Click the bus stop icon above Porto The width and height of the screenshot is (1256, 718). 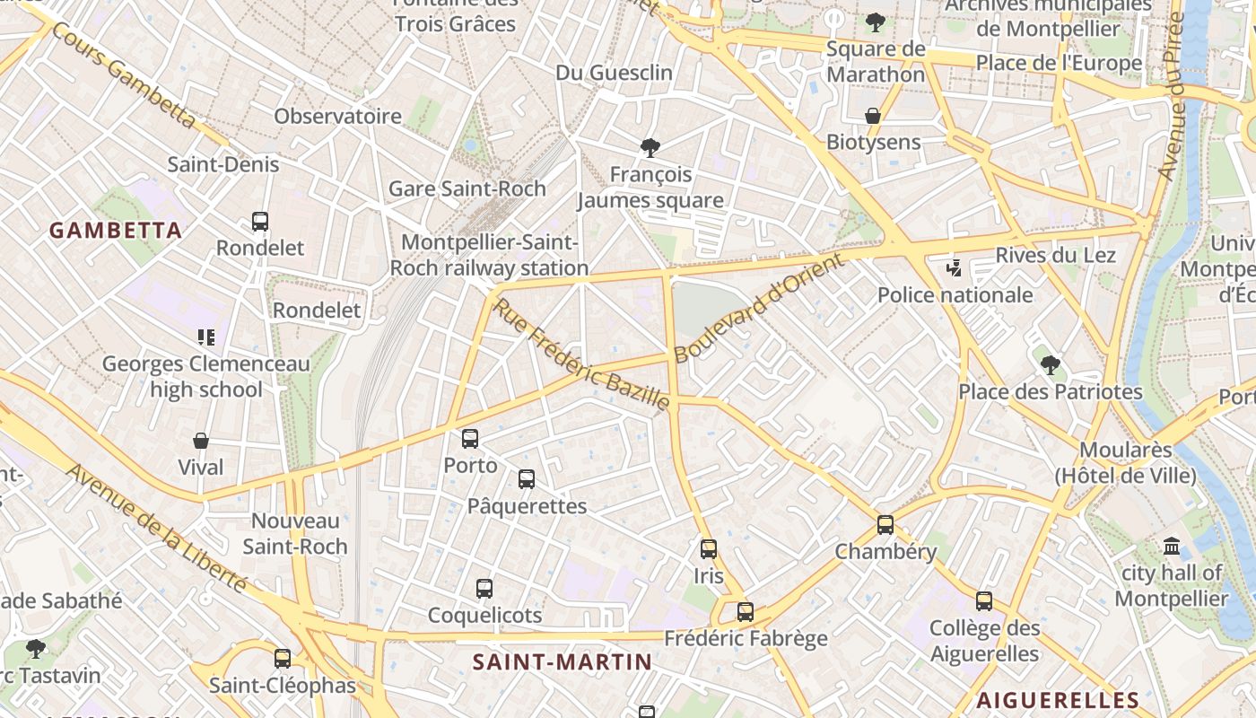click(470, 439)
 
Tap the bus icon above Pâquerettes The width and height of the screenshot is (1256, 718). click(527, 479)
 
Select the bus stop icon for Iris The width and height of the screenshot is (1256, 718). click(709, 548)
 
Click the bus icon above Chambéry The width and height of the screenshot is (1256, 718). click(885, 525)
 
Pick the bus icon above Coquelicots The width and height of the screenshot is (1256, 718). click(484, 589)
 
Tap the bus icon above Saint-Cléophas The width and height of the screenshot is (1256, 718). click(283, 659)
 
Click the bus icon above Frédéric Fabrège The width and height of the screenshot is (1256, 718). click(746, 612)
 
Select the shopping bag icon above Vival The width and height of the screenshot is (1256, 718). click(201, 441)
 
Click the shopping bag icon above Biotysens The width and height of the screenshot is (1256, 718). click(873, 116)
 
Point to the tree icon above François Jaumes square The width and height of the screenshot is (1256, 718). click(650, 148)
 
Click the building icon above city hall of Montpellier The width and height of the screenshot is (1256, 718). click(1172, 546)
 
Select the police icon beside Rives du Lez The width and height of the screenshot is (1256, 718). click(955, 267)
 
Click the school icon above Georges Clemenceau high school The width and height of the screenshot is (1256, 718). click(206, 337)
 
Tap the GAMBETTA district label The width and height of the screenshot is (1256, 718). click(116, 231)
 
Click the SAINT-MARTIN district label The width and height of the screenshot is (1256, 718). click(563, 662)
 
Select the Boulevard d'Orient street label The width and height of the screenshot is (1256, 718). click(759, 308)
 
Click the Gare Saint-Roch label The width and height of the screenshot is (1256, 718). click(467, 188)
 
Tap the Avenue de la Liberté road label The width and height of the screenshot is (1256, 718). click(158, 530)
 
